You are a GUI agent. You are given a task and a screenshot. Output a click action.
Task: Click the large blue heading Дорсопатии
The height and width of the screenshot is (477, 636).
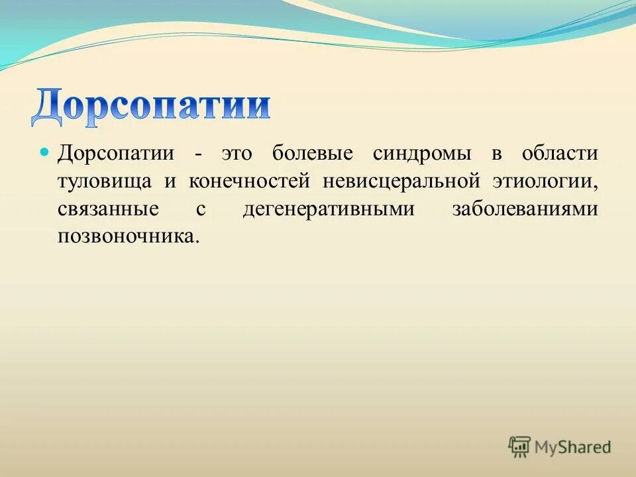151,105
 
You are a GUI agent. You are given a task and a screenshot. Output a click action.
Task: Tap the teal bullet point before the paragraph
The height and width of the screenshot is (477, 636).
46,152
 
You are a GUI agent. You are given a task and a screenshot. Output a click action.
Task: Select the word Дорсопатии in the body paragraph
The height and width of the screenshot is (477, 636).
116,154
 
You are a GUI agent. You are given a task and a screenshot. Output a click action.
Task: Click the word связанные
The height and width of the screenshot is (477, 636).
108,209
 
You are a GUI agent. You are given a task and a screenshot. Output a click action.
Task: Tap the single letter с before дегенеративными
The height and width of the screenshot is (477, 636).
200,209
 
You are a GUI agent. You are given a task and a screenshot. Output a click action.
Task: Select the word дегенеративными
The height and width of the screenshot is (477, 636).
329,209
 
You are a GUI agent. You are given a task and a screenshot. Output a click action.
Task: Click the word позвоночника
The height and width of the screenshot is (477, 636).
128,237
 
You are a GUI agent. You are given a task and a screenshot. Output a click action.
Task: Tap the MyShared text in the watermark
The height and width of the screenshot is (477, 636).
573,447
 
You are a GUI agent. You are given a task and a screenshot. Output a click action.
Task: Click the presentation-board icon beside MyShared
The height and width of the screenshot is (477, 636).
520,447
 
